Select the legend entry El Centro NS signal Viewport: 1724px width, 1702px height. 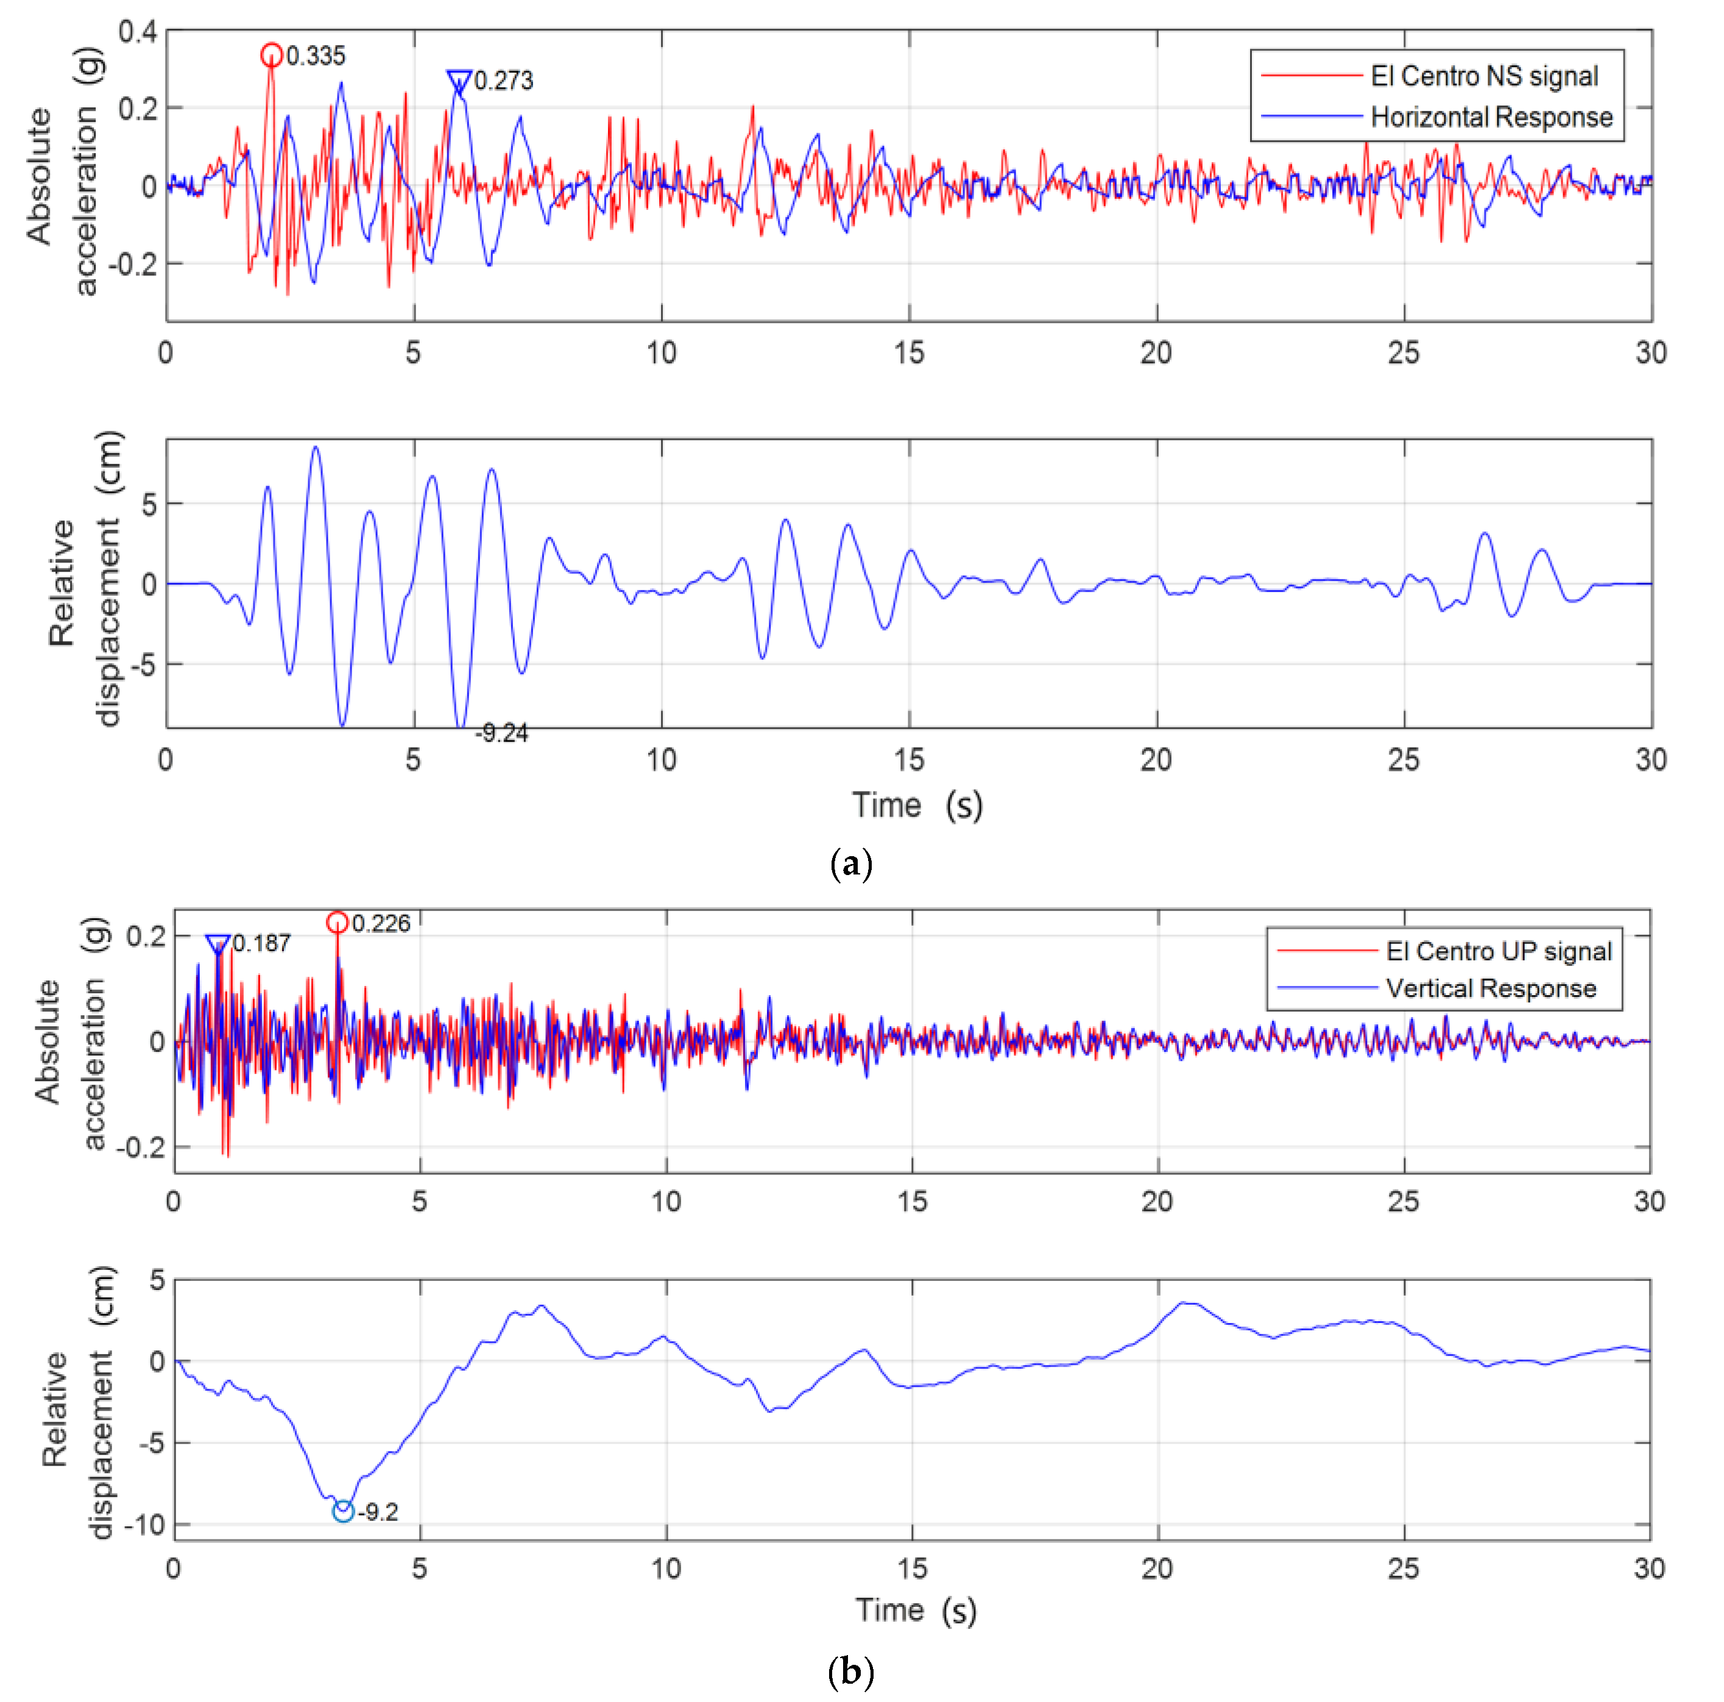(1483, 77)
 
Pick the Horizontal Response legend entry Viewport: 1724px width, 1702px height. (1490, 117)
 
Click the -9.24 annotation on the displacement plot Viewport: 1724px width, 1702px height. (501, 734)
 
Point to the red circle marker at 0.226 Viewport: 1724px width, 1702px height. (337, 922)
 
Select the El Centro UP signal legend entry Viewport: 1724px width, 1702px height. (1498, 951)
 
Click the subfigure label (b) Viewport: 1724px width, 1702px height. (850, 1670)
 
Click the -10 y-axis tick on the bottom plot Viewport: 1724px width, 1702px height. (144, 1525)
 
